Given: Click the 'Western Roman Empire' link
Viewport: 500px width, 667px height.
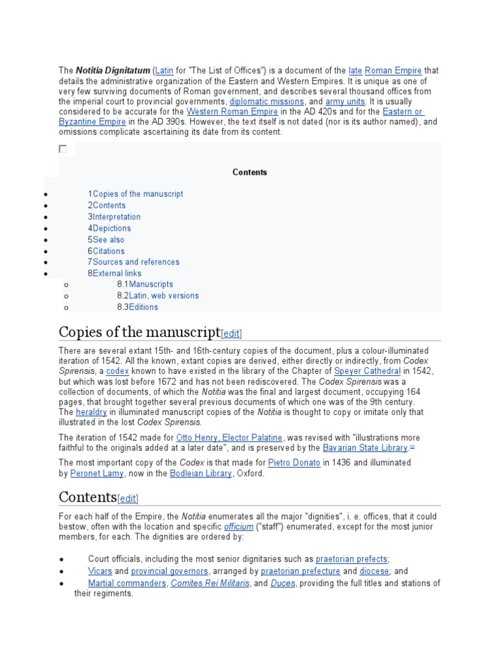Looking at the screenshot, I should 223,111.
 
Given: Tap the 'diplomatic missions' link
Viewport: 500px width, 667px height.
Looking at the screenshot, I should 266,102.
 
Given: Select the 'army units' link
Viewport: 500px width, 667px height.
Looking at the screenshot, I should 346,102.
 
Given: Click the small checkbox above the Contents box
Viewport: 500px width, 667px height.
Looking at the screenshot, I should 63,149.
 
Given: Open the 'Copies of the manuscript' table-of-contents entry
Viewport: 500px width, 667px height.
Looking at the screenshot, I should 137,194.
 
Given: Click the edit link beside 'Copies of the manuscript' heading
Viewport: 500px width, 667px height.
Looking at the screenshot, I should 232,333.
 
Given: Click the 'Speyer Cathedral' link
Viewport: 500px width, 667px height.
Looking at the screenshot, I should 367,371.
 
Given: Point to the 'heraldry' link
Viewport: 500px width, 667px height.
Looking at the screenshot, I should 91,412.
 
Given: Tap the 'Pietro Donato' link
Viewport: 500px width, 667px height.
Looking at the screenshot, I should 294,463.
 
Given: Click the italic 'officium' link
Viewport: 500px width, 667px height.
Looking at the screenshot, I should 238,526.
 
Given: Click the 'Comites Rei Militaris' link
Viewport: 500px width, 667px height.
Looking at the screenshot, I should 210,584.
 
